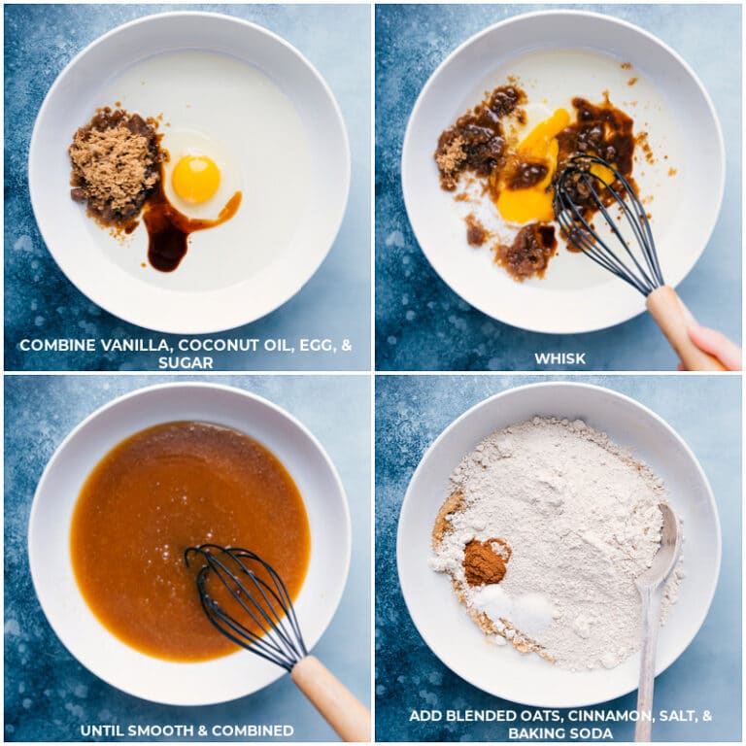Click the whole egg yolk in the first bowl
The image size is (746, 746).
click(196, 179)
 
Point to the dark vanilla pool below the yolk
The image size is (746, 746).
click(167, 239)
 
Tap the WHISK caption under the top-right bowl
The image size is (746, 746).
click(559, 358)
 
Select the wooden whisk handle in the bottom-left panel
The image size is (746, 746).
click(329, 695)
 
